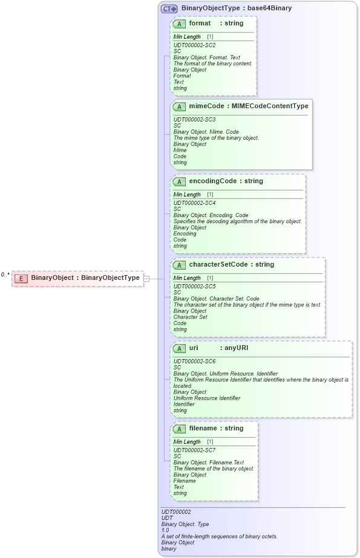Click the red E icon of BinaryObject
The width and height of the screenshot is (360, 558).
click(21, 278)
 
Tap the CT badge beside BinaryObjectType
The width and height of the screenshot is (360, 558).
click(169, 9)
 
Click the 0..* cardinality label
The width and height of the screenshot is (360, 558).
click(5, 274)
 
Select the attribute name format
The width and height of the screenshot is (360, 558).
click(200, 23)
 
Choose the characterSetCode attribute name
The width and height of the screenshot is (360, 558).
click(218, 264)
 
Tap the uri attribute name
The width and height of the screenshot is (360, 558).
click(194, 348)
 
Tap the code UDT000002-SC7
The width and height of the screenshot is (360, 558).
click(194, 450)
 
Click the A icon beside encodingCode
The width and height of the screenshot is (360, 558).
click(179, 181)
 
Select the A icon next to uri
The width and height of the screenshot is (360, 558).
click(179, 348)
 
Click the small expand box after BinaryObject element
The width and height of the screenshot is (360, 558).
click(146, 279)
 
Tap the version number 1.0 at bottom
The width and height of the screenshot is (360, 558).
click(165, 530)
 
